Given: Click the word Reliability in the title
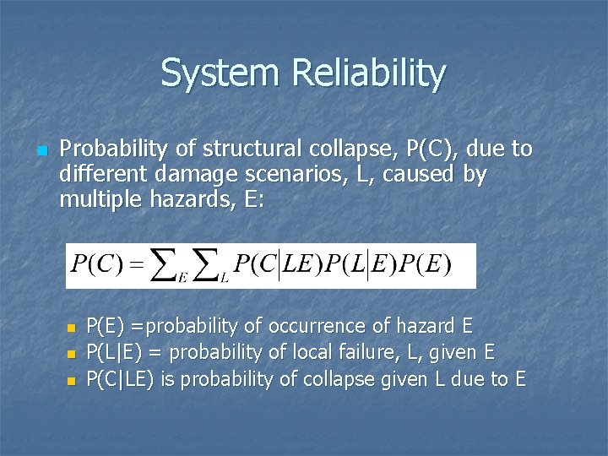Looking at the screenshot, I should [368, 74].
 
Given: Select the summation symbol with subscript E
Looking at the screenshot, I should [169, 264].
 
